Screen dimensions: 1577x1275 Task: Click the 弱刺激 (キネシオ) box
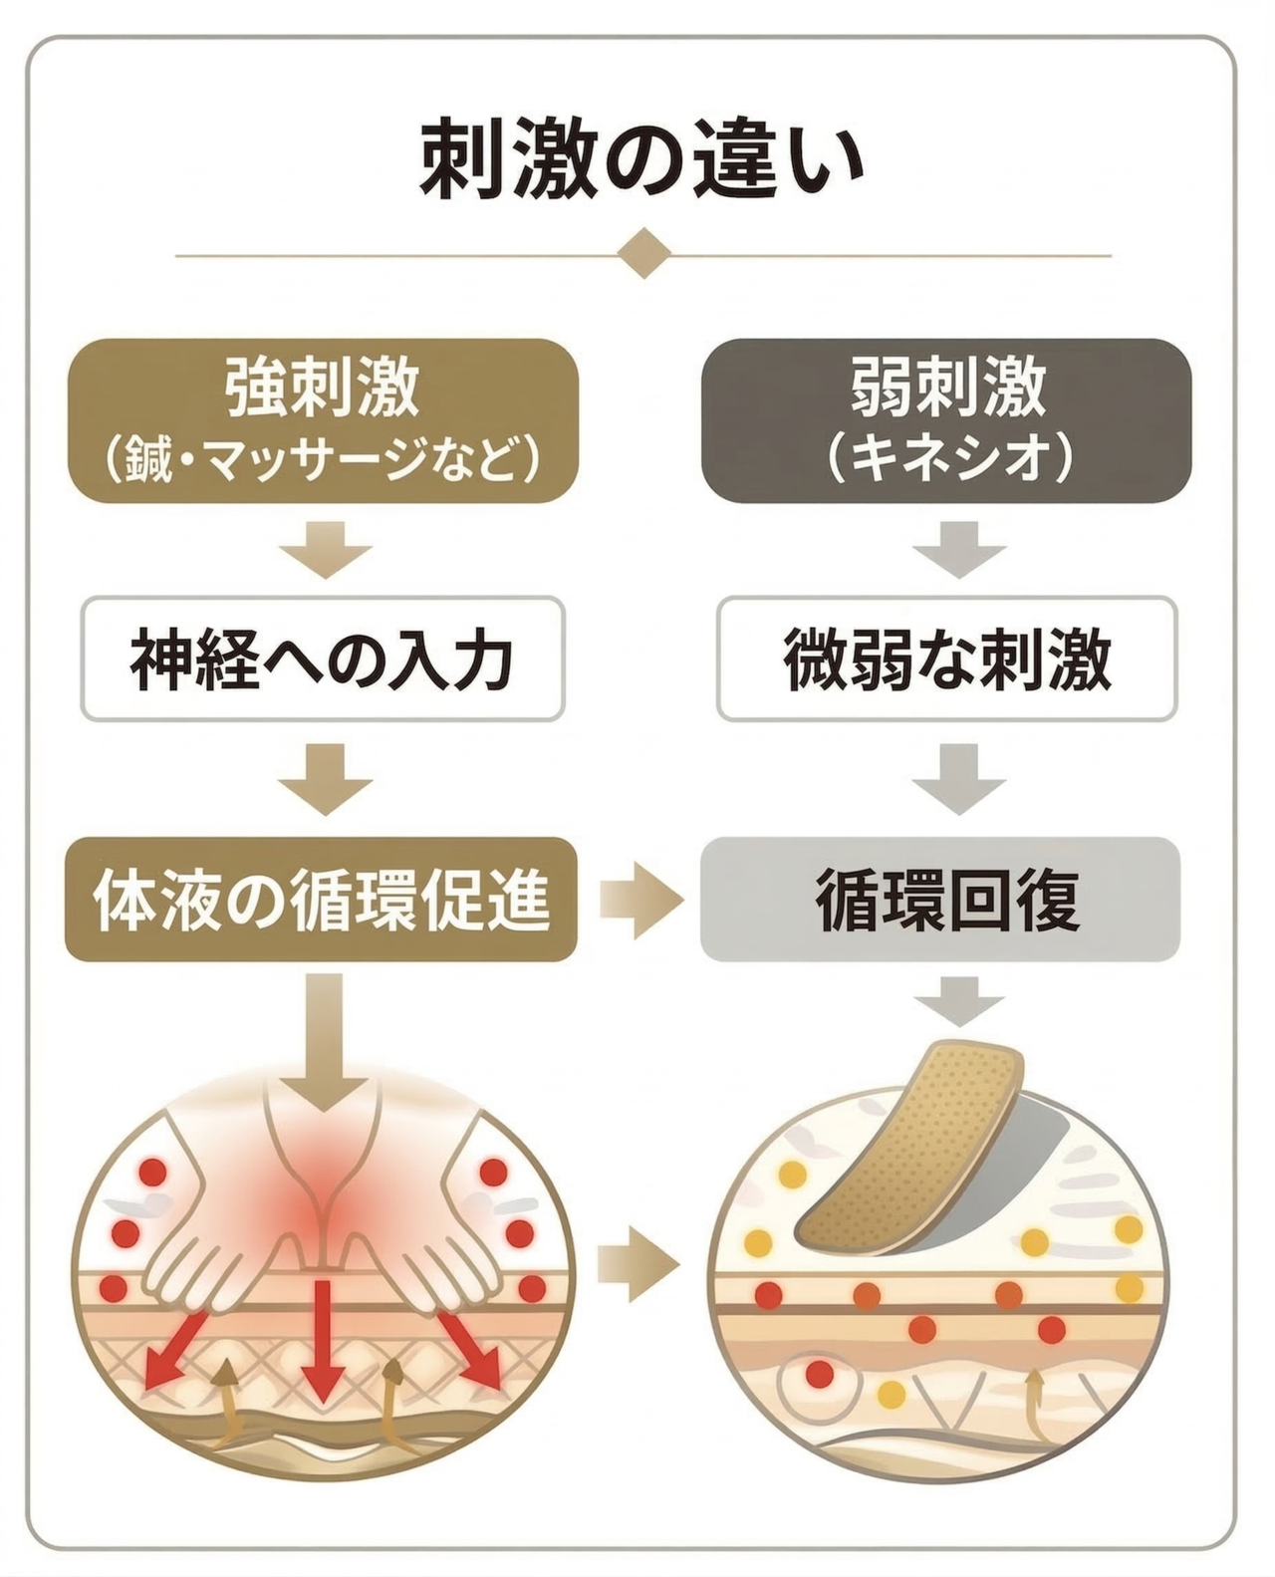click(946, 419)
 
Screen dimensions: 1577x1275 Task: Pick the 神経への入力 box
click(323, 658)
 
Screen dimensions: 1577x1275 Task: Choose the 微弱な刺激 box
click(946, 658)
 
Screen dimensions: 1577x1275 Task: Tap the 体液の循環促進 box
click(321, 899)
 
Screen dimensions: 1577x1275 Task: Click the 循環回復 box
click(940, 899)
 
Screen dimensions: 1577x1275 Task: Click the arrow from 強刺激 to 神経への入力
click(325, 548)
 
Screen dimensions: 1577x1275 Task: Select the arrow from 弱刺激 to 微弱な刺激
click(958, 548)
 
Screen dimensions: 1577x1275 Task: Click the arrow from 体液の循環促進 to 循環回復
click(640, 900)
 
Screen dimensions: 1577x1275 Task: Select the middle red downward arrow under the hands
click(322, 1340)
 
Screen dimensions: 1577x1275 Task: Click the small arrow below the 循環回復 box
click(958, 1000)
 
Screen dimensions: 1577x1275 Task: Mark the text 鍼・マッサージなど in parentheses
click(323, 460)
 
